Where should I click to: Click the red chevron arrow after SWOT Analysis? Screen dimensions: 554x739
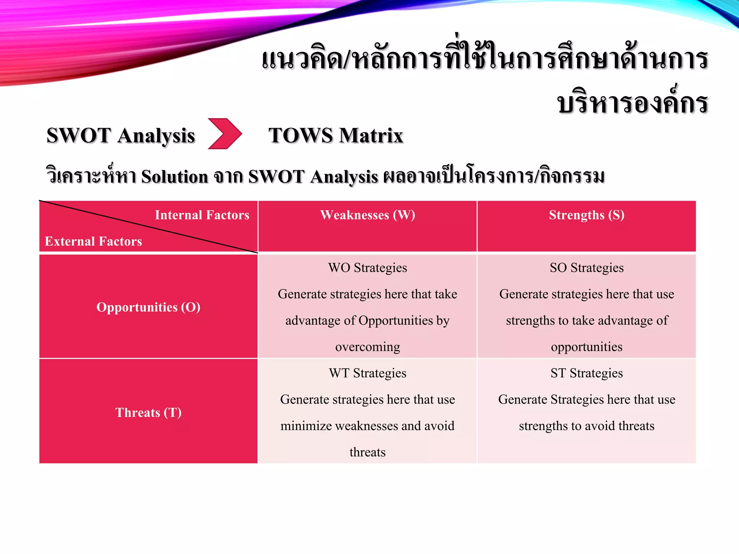tap(224, 134)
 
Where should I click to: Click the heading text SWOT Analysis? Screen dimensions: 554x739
tap(121, 136)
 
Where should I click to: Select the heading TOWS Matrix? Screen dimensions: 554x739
tap(336, 136)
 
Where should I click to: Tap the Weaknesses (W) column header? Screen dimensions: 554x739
tap(367, 215)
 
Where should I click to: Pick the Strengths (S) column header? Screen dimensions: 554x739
tap(586, 215)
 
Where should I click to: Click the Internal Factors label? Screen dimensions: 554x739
tap(202, 215)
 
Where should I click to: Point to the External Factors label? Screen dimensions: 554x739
tap(93, 241)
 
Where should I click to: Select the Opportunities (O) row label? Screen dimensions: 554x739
tap(148, 307)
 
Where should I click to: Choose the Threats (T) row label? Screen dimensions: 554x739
tap(148, 412)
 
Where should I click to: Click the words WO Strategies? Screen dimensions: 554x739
tap(367, 268)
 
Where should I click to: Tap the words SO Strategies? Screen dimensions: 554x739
tap(586, 268)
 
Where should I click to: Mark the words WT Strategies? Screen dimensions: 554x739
tap(367, 373)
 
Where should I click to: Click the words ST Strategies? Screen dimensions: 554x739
tap(586, 373)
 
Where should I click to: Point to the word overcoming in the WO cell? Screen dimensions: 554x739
tap(367, 347)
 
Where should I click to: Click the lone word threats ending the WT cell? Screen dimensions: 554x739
tap(367, 452)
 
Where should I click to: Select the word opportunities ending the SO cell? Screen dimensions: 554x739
tap(586, 347)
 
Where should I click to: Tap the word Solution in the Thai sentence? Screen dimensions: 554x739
tap(175, 177)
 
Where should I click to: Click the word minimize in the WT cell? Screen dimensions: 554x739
tap(306, 426)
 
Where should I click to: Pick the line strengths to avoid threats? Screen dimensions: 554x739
tap(586, 426)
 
